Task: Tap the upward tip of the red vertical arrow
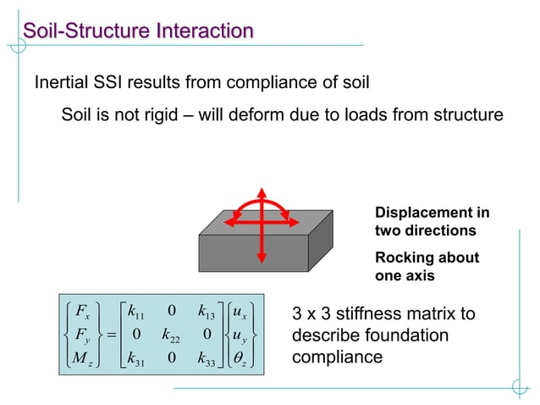262,188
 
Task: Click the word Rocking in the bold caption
402,258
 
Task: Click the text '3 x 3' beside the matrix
311,314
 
